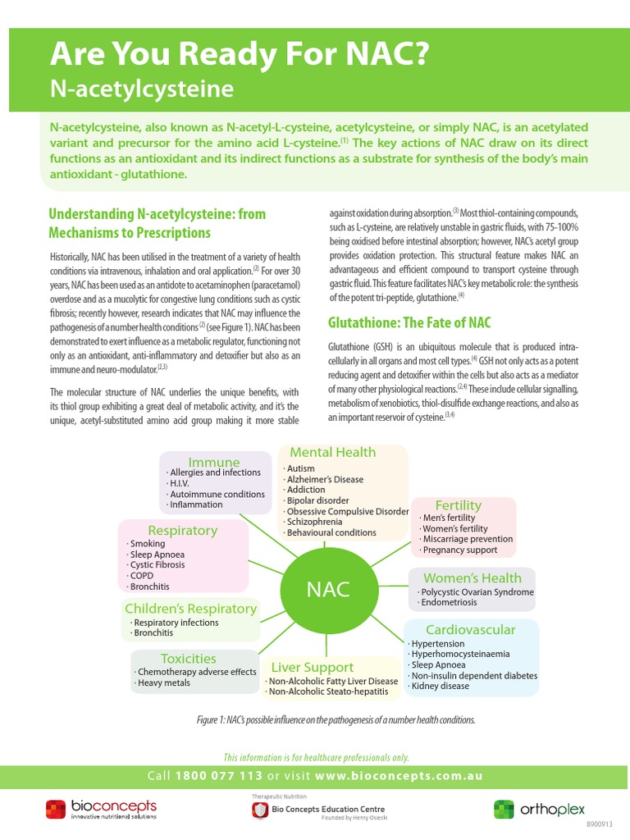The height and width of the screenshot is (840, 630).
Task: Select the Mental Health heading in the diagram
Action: [x=333, y=452]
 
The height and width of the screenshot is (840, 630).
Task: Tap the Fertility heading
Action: [x=459, y=504]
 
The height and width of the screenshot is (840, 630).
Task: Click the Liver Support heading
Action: [x=313, y=667]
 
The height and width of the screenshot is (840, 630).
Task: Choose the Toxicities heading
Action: [x=189, y=659]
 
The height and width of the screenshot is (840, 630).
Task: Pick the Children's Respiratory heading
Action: [x=190, y=609]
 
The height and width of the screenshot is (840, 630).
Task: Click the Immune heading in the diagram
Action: [x=214, y=462]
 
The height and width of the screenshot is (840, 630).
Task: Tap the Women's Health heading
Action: [x=472, y=577]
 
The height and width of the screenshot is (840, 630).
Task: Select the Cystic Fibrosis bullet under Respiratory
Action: [x=156, y=565]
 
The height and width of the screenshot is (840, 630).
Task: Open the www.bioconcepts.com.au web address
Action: [x=399, y=776]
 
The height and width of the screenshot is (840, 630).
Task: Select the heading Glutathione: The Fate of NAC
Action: [x=409, y=322]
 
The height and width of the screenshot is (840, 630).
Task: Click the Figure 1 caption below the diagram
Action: [x=336, y=719]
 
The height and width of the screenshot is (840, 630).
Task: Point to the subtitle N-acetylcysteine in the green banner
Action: [x=142, y=88]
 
